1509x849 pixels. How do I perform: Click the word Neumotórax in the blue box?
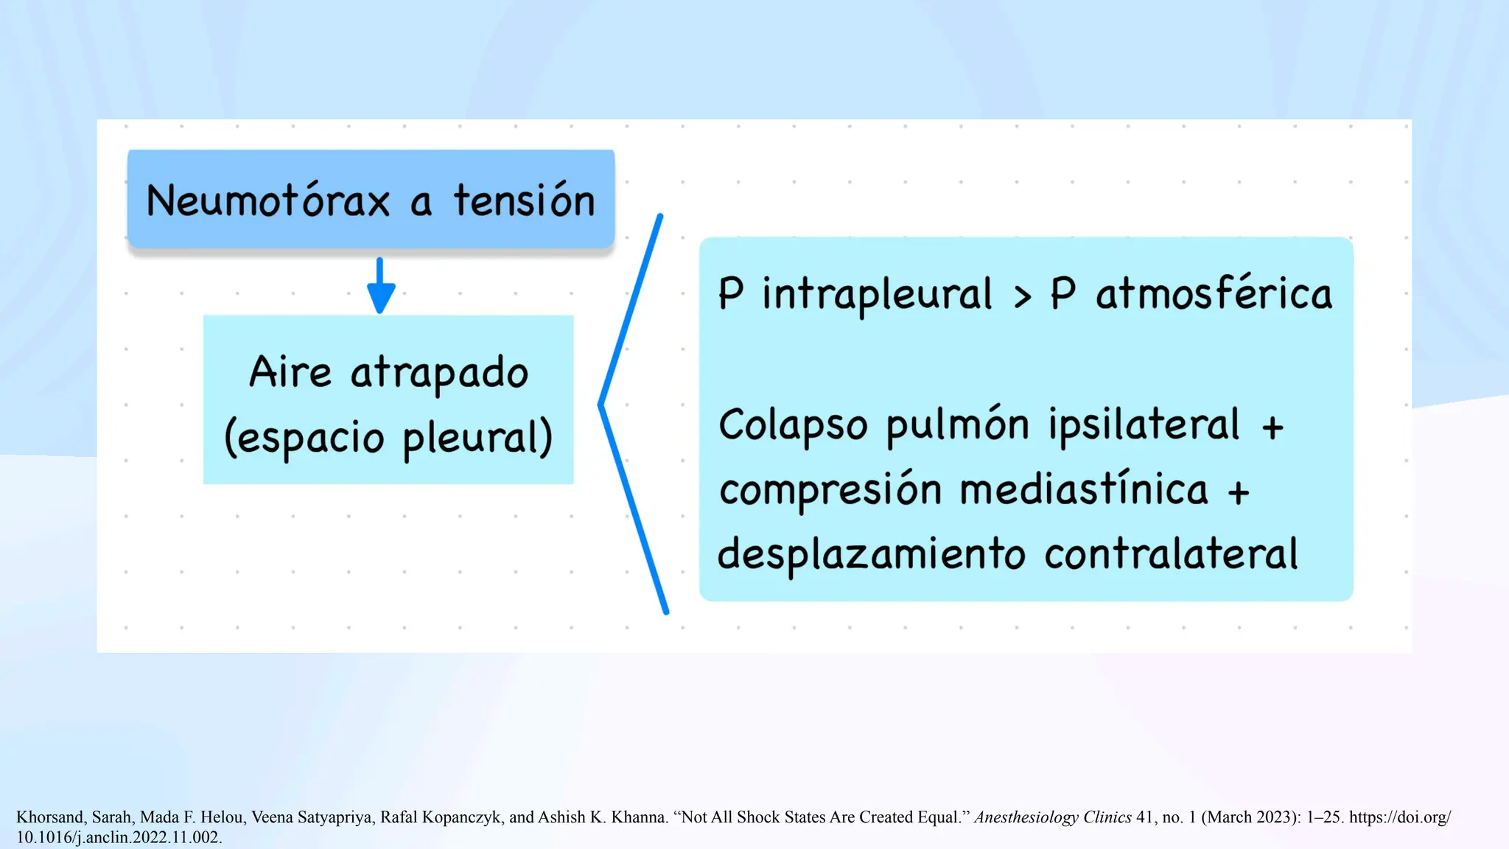[x=267, y=200]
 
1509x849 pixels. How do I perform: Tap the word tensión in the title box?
[x=524, y=200]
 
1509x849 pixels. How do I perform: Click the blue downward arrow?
[x=380, y=287]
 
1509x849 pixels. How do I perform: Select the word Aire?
[x=290, y=371]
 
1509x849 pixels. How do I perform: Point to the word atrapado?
[x=439, y=373]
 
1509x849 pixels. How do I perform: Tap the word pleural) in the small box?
[x=477, y=438]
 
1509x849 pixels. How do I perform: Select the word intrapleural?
[x=877, y=294]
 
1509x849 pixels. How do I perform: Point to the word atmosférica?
[x=1214, y=293]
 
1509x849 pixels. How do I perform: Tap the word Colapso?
[x=793, y=425]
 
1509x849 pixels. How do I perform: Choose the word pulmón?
[x=957, y=425]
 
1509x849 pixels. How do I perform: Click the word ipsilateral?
[x=1144, y=425]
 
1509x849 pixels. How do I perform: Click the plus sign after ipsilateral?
[x=1272, y=427]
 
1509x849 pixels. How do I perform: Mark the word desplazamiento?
[x=871, y=554]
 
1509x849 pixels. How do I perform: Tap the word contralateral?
[x=1171, y=554]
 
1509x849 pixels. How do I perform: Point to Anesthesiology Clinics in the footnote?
[x=1052, y=817]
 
